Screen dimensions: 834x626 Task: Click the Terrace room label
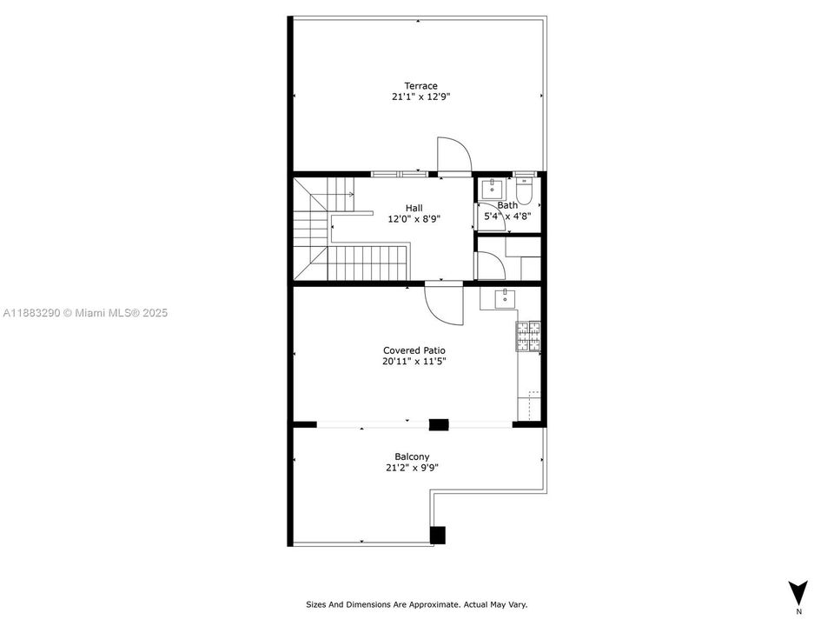click(420, 86)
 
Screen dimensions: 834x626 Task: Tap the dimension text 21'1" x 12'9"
click(420, 97)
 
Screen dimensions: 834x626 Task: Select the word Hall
click(414, 208)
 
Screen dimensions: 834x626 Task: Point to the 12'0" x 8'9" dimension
click(414, 219)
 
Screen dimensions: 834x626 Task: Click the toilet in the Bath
click(524, 192)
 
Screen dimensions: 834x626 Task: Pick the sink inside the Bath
click(492, 189)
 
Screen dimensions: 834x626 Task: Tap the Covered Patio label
click(414, 350)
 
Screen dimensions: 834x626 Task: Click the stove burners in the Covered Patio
click(528, 336)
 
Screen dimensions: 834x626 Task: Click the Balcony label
click(412, 456)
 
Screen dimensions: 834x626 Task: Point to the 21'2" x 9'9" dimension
click(412, 468)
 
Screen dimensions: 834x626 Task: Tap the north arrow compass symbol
click(798, 593)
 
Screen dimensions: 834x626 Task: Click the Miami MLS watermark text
click(85, 313)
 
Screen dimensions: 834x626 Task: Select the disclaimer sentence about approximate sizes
click(416, 605)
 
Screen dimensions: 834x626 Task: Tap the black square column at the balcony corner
click(437, 535)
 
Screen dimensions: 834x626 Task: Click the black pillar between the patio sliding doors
click(439, 424)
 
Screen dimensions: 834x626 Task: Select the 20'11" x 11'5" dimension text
click(414, 362)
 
